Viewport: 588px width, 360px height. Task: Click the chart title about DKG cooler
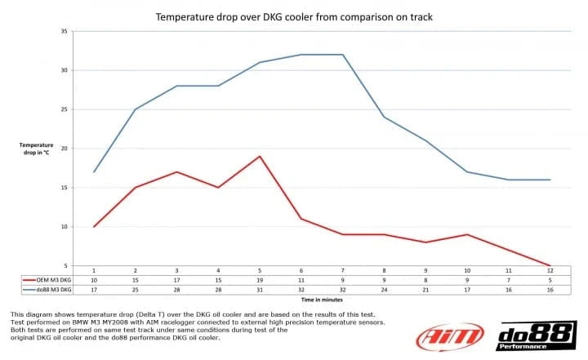pos(294,17)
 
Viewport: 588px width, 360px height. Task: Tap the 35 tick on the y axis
pos(65,32)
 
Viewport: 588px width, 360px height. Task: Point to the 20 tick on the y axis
pos(65,149)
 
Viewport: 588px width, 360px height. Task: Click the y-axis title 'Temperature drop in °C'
pos(37,149)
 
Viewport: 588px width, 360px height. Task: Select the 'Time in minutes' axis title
pos(322,300)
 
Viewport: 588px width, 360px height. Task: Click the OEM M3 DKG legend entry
pos(47,280)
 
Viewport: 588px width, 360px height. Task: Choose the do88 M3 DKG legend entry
pos(47,290)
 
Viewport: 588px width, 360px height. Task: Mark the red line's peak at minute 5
pos(260,157)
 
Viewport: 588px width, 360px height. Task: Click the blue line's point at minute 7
pos(343,55)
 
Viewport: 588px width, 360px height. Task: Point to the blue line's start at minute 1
pos(94,172)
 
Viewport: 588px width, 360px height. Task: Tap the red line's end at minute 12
pos(550,265)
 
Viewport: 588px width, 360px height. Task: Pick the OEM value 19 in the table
pos(260,280)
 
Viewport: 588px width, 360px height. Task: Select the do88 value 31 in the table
pos(260,290)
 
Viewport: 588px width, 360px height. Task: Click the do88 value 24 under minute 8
pos(384,290)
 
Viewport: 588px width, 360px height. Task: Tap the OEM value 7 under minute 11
pos(509,280)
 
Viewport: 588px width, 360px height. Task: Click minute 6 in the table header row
pos(301,270)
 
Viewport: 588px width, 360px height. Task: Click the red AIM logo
pos(450,336)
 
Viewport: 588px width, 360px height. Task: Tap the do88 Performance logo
pos(537,336)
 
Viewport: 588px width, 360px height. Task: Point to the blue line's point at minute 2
pos(136,109)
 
